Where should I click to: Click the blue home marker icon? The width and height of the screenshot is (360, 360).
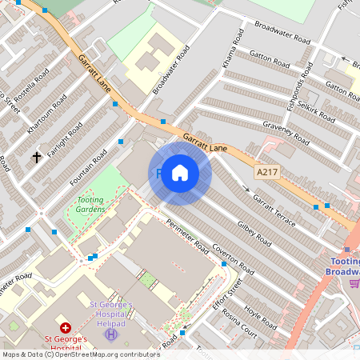[180, 173]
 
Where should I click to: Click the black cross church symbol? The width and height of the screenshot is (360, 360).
[37, 157]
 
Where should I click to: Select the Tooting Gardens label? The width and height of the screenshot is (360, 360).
[90, 204]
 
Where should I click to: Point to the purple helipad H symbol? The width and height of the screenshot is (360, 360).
[110, 334]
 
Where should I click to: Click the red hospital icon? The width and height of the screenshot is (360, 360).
[66, 329]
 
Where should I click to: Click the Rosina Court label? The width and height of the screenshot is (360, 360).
[239, 321]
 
